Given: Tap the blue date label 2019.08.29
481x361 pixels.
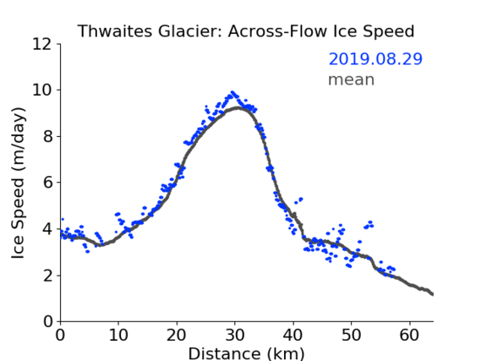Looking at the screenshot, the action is [x=375, y=59].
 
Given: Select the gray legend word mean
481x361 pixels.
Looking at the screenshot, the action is [x=352, y=79].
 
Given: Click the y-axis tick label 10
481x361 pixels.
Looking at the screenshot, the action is [x=42, y=90].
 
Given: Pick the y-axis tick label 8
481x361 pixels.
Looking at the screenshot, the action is [x=48, y=136].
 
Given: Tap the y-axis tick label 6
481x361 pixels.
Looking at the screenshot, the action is [x=48, y=183].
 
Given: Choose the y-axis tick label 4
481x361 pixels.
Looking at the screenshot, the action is [x=48, y=229].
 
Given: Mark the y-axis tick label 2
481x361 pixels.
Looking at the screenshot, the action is [x=48, y=276].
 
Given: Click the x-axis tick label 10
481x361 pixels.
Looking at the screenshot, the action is [x=118, y=335].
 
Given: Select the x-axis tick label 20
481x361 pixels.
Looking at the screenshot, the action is [x=177, y=335].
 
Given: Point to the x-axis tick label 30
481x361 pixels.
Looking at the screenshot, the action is [x=235, y=335].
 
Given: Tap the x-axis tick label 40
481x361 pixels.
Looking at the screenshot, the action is [x=293, y=335].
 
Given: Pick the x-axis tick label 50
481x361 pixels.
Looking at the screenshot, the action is [x=352, y=335].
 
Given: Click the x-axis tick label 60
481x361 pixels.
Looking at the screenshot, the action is [x=409, y=335].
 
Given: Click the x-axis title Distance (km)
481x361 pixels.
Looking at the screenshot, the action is [x=246, y=353].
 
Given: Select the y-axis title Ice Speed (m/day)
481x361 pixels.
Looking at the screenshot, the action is [x=18, y=183].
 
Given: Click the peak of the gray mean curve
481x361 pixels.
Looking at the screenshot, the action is [x=238, y=107].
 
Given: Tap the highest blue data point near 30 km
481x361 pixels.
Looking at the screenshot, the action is [x=232, y=92].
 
